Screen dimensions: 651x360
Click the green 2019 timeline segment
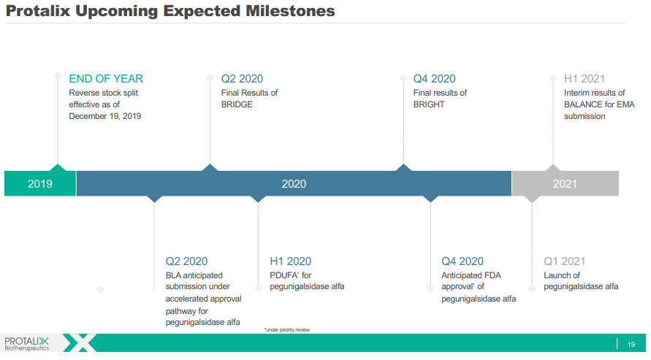click(40, 183)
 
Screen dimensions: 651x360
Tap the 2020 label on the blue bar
click(294, 184)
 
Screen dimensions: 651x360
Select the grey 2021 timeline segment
click(565, 183)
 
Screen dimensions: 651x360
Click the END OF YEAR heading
click(106, 78)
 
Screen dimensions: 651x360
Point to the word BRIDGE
click(237, 104)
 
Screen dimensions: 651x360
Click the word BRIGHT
click(429, 104)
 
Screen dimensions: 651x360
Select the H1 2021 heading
click(585, 78)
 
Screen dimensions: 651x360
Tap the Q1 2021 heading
click(565, 261)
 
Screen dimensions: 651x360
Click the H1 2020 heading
click(291, 261)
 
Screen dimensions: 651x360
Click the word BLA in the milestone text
click(173, 275)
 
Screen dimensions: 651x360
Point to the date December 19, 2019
click(105, 116)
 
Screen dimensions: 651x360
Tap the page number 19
click(631, 344)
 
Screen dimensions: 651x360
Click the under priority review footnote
click(287, 330)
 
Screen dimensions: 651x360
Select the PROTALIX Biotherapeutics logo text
click(26, 344)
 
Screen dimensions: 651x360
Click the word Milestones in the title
click(290, 11)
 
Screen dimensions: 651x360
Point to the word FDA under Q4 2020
click(493, 275)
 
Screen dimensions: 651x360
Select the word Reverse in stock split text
click(85, 93)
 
